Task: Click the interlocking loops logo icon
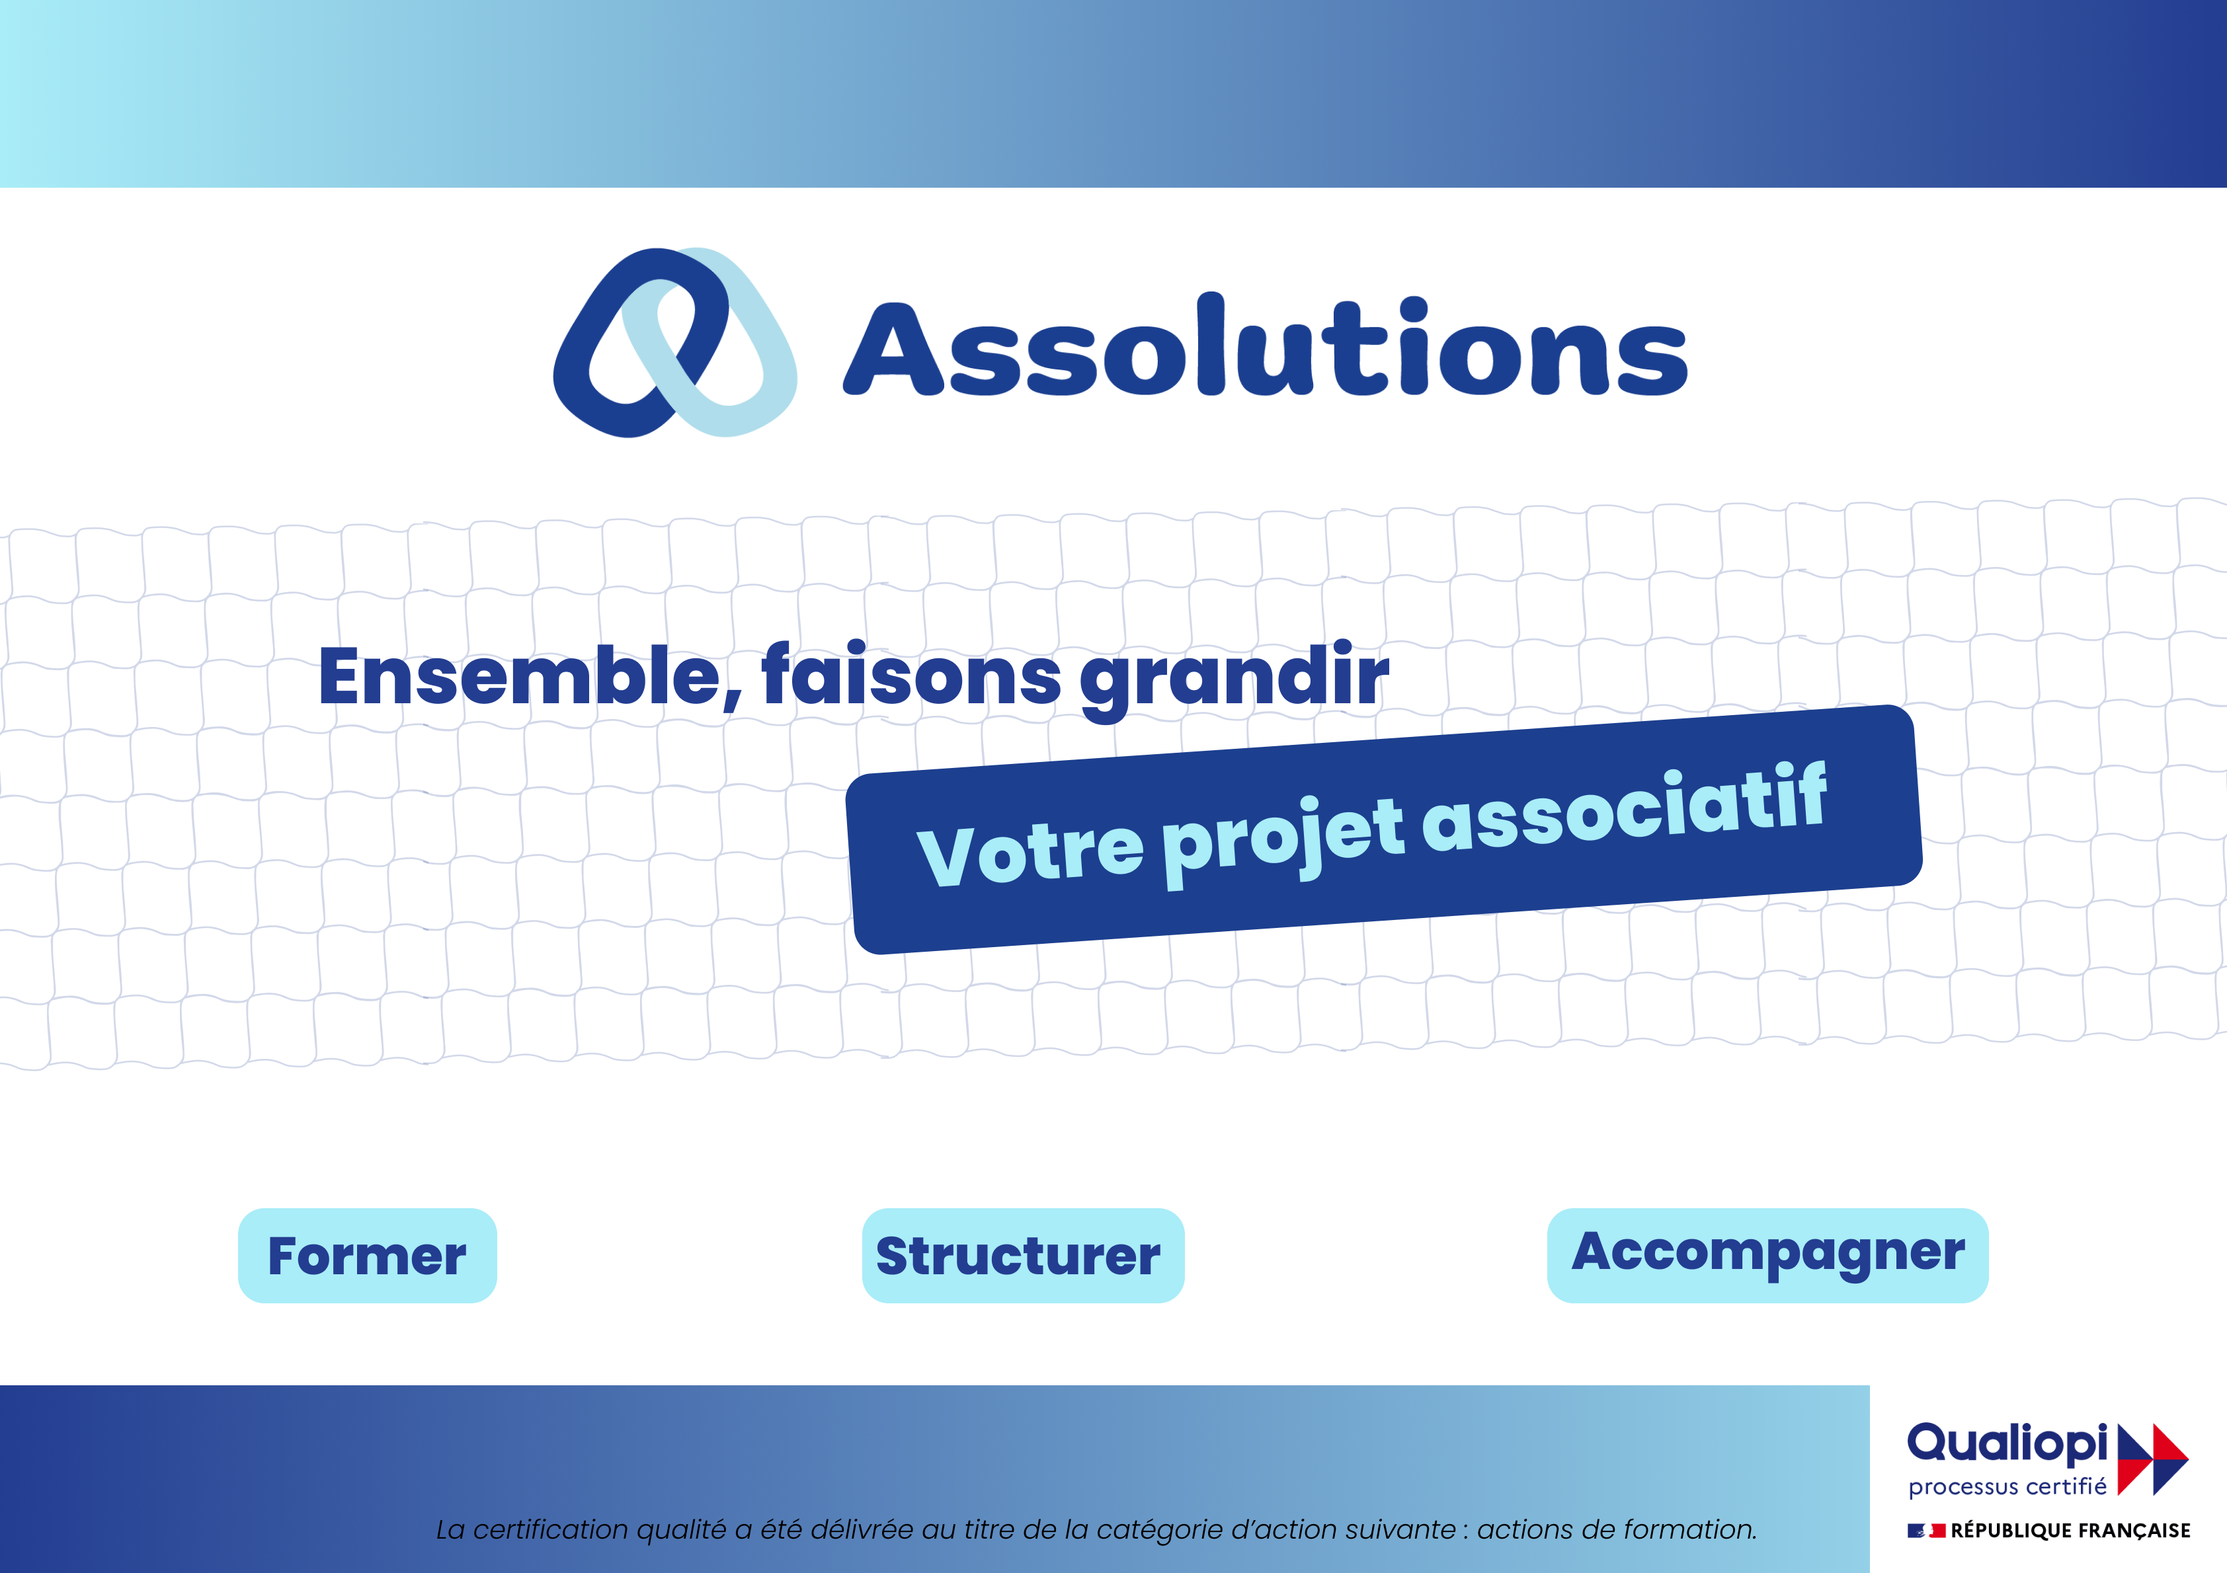(675, 342)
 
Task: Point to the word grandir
(1235, 679)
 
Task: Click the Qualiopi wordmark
(2007, 1445)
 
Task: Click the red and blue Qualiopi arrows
(2152, 1459)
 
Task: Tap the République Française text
(2071, 1530)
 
